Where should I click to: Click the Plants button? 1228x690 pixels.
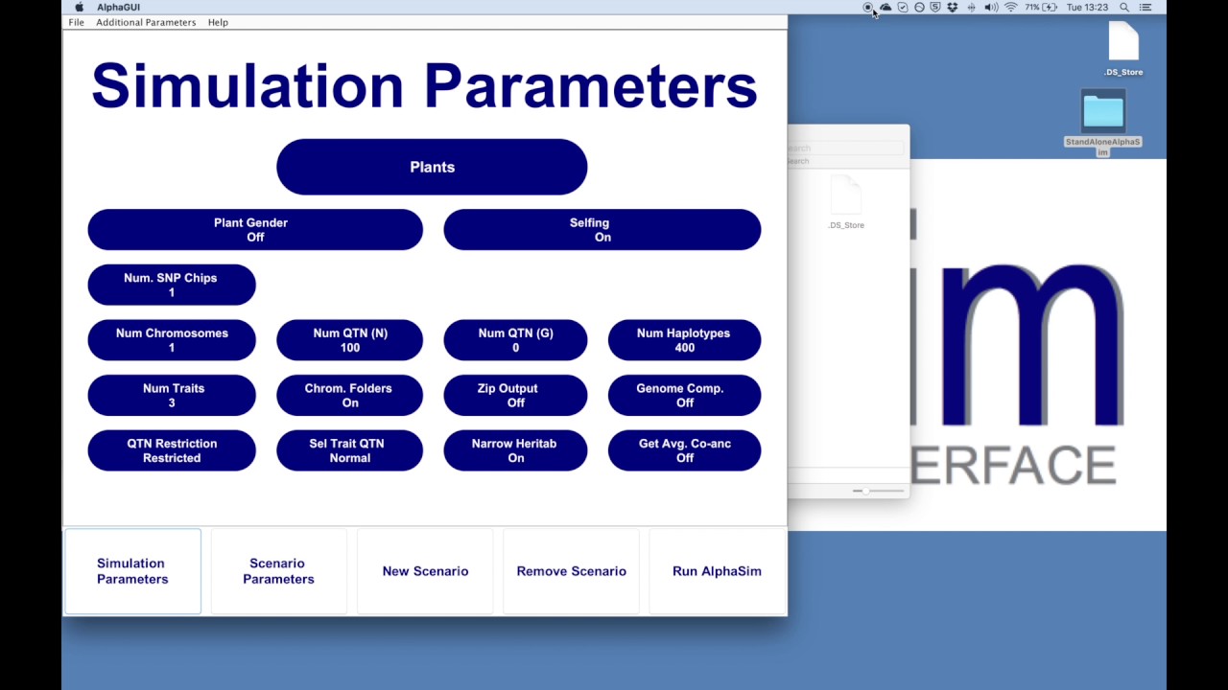[432, 167]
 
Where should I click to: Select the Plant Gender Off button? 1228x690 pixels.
[254, 230]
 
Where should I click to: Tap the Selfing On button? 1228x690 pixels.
[602, 230]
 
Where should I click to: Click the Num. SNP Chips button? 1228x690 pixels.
[171, 285]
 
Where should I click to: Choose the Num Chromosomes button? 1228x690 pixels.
[171, 340]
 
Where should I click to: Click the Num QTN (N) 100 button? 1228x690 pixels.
[349, 340]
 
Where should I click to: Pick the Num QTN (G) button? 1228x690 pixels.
[515, 340]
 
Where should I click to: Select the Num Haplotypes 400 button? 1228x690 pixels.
[684, 340]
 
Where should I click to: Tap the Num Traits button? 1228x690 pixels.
[171, 395]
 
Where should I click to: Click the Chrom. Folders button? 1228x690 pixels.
[349, 395]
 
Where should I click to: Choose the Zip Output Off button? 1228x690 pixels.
[515, 395]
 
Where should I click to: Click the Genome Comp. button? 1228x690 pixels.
[684, 395]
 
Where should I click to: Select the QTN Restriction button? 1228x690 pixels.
[171, 450]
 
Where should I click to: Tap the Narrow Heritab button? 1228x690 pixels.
[515, 450]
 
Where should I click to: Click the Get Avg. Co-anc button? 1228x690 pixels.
[684, 450]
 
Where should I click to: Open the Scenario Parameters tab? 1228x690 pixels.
[278, 571]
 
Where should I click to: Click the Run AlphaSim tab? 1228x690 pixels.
[717, 571]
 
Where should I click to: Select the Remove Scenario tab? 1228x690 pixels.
[571, 571]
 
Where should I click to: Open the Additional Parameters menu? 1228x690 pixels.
[146, 22]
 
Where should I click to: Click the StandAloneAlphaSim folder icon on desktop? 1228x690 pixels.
[1103, 113]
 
